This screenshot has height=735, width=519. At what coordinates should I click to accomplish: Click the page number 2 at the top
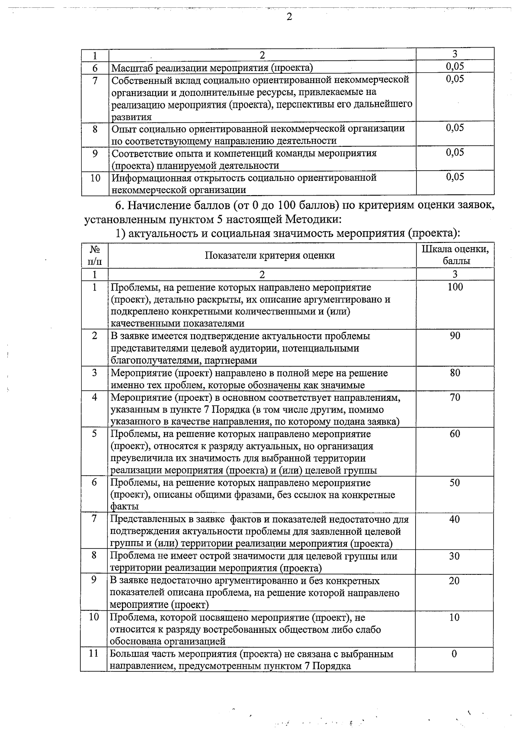coord(289,17)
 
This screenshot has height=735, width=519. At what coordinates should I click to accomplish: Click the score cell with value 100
coord(455,287)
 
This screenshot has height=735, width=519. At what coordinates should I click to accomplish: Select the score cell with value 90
coord(455,336)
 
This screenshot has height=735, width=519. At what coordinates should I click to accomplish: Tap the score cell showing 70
coord(455,397)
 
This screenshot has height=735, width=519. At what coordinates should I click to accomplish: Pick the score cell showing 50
coord(455,483)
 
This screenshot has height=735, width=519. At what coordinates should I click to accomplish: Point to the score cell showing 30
coord(454,556)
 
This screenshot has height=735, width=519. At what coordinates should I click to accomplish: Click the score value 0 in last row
coord(454,654)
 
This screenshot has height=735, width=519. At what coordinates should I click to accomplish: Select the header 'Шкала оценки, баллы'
coord(455,255)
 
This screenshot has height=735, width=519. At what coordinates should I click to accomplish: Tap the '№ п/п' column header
coord(95,255)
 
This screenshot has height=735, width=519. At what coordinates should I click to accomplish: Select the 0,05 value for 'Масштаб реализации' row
coord(455,66)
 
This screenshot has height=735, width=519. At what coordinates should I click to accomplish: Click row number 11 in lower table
coord(94,654)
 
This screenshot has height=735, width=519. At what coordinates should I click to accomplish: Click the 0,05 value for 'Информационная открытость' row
coord(455,177)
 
